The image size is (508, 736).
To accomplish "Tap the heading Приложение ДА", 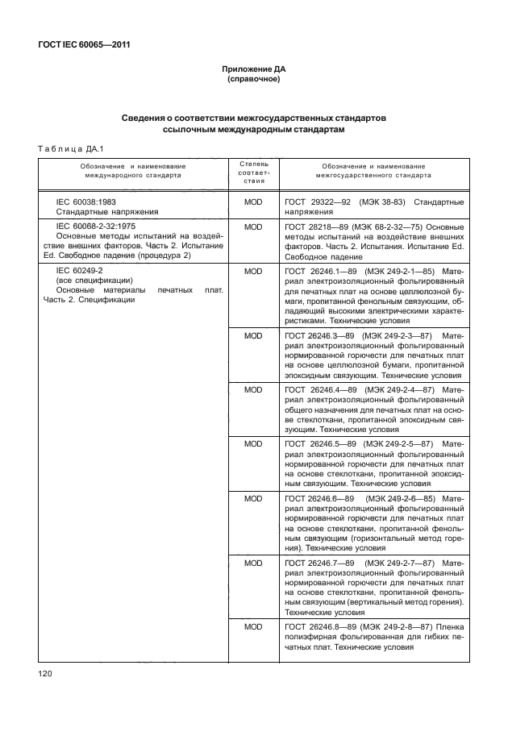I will (253, 70).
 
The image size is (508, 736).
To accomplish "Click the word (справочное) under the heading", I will (253, 81).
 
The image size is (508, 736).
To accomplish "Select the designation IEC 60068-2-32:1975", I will (95, 227).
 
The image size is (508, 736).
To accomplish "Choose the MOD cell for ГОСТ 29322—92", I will (253, 201).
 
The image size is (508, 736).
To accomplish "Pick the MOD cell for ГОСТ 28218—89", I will (253, 227).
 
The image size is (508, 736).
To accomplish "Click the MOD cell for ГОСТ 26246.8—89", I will (253, 626).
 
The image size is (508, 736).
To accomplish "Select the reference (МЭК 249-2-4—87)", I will (398, 389).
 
